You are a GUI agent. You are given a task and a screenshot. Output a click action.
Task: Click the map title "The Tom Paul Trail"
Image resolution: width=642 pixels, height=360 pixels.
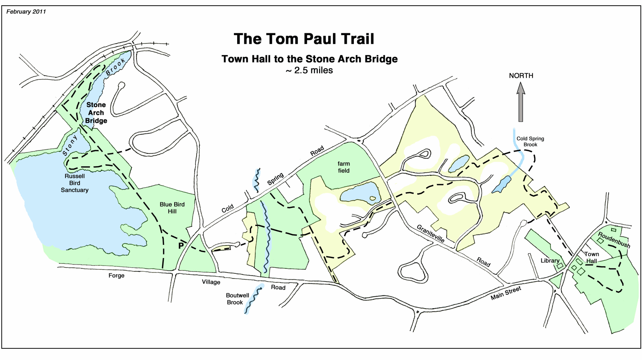[304, 39]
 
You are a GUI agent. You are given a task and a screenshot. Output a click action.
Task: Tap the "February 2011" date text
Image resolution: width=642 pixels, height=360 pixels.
[26, 12]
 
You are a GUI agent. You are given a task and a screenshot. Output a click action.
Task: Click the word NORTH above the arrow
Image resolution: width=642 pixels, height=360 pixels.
[521, 75]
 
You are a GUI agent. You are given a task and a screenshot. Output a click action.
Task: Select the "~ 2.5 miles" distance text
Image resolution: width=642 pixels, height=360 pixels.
[309, 70]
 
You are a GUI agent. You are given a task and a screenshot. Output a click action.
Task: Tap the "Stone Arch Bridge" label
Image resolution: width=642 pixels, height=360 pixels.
[96, 113]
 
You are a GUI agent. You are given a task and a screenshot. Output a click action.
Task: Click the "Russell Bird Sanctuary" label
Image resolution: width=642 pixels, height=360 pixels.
[75, 183]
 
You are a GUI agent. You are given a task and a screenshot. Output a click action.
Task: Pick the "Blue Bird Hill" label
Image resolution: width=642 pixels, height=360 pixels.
[172, 208]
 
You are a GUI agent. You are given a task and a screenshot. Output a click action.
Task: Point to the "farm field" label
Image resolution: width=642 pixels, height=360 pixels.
[343, 167]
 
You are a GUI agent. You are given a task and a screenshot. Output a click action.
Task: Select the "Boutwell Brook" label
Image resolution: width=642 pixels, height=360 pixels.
[237, 299]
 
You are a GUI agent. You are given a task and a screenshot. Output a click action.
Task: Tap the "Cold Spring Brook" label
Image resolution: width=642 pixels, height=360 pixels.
[530, 141]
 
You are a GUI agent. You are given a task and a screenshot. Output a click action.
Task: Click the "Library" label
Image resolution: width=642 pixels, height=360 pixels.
[550, 260]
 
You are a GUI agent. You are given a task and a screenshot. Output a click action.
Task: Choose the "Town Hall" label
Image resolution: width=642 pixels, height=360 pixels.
[591, 257]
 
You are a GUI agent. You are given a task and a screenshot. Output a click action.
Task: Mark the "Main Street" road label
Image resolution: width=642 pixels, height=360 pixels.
[506, 293]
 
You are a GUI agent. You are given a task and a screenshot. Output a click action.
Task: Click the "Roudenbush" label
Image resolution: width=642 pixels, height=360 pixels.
[614, 240]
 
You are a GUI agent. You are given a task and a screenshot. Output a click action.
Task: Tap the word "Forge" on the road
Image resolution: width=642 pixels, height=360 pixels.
[116, 275]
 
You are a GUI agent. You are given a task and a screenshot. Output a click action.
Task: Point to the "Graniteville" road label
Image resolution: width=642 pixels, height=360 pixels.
[430, 233]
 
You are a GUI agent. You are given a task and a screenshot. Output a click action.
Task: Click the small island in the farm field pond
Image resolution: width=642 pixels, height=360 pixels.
[373, 198]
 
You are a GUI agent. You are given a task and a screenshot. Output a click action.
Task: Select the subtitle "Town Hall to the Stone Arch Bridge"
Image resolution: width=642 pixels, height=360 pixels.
[309, 59]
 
